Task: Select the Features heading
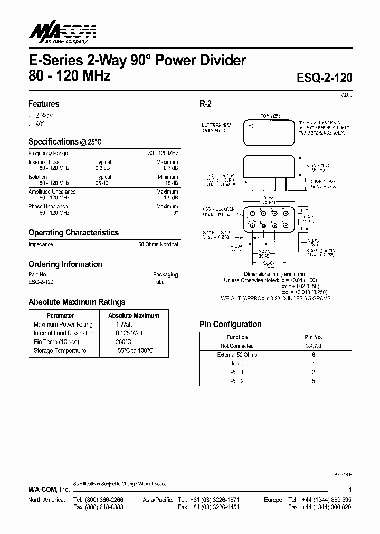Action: coord(44,104)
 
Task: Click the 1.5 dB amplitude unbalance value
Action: coord(171,197)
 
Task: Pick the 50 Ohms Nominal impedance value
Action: coord(158,244)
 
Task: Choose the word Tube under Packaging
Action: coord(159,282)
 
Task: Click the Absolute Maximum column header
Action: coord(134,316)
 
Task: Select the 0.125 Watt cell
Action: coord(129,333)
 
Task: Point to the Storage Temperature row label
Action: coord(60,351)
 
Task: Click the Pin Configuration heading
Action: coord(230,325)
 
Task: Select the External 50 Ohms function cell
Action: coord(237,355)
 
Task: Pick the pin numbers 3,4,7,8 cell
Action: coord(313,346)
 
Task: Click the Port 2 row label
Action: coord(237,381)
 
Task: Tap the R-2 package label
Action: coord(205,104)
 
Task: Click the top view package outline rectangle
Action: coord(269,132)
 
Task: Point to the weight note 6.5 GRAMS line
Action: coord(275,298)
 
